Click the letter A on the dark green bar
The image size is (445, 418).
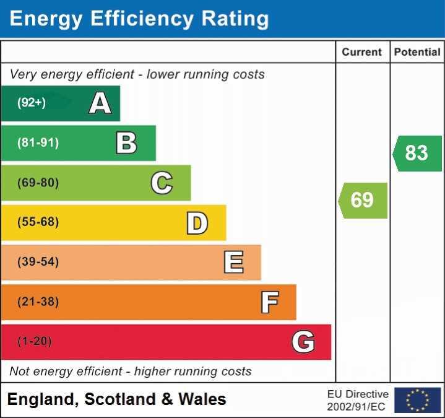click(100, 103)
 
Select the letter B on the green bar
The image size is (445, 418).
click(126, 143)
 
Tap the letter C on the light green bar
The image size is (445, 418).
click(162, 183)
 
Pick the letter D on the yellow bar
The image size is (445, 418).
click(197, 223)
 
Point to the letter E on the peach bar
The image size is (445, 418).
click(233, 262)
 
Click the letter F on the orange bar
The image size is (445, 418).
click(269, 302)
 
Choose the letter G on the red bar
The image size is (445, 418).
click(303, 341)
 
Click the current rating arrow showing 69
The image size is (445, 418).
click(363, 200)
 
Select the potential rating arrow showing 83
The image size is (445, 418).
click(417, 153)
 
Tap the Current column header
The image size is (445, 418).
click(362, 53)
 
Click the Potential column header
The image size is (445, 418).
click(417, 53)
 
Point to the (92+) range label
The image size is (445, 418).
click(32, 103)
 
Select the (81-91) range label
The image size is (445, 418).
click(38, 143)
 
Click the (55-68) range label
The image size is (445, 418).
click(38, 222)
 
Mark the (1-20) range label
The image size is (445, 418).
click(35, 341)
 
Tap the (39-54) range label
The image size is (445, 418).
click(38, 262)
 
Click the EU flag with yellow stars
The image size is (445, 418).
click(417, 400)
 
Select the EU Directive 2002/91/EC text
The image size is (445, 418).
click(358, 400)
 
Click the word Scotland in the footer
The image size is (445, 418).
click(120, 399)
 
